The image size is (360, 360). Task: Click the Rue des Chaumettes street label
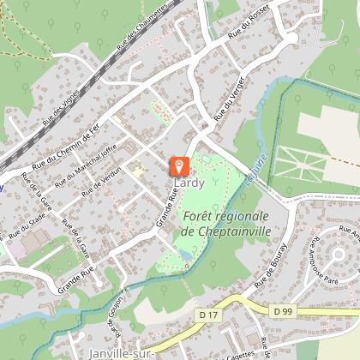(147, 35)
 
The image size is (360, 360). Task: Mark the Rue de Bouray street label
(272, 263)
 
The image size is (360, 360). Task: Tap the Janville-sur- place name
(119, 352)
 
